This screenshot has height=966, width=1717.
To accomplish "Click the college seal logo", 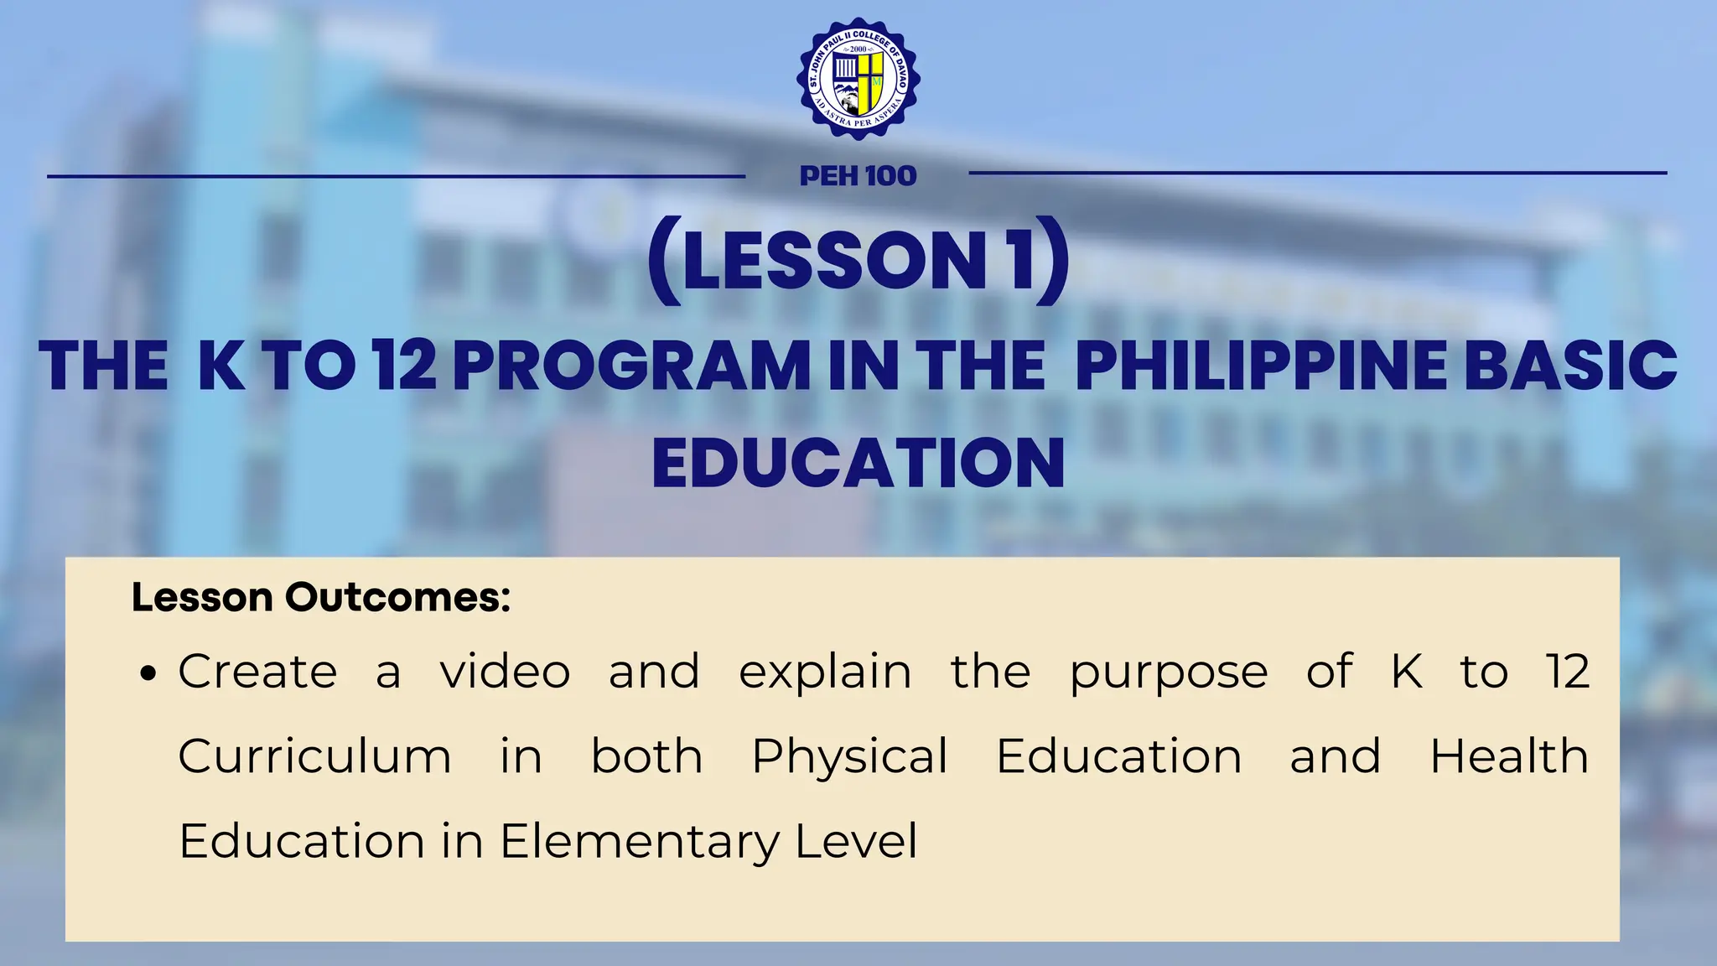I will pos(858,78).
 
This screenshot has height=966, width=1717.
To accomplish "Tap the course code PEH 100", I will pos(858,176).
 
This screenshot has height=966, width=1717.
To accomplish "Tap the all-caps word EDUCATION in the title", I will pos(858,463).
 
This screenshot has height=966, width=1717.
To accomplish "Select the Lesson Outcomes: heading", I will pos(321,598).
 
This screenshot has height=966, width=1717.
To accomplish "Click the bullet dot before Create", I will pos(149,674).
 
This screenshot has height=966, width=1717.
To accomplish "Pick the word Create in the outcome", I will pos(257,672).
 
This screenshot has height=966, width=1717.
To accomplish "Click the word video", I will pos(506,672).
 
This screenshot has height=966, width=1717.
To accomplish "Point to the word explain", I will pos(825,673).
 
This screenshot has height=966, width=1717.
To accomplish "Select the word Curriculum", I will pos(314,756).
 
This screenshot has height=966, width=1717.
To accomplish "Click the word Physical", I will pos(849,758).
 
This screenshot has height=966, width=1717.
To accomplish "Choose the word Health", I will pos(1509,756).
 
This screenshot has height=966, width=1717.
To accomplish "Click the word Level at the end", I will pos(856,841).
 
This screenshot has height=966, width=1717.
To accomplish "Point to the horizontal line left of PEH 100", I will pos(396,176).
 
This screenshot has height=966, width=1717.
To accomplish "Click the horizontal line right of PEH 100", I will pos(1317,174).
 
